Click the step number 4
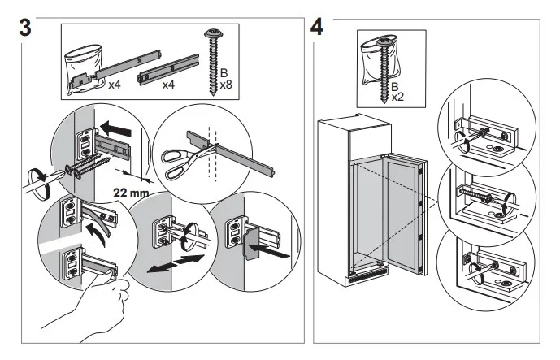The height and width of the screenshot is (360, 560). point(318,24)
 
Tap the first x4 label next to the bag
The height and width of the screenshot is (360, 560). point(115,85)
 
